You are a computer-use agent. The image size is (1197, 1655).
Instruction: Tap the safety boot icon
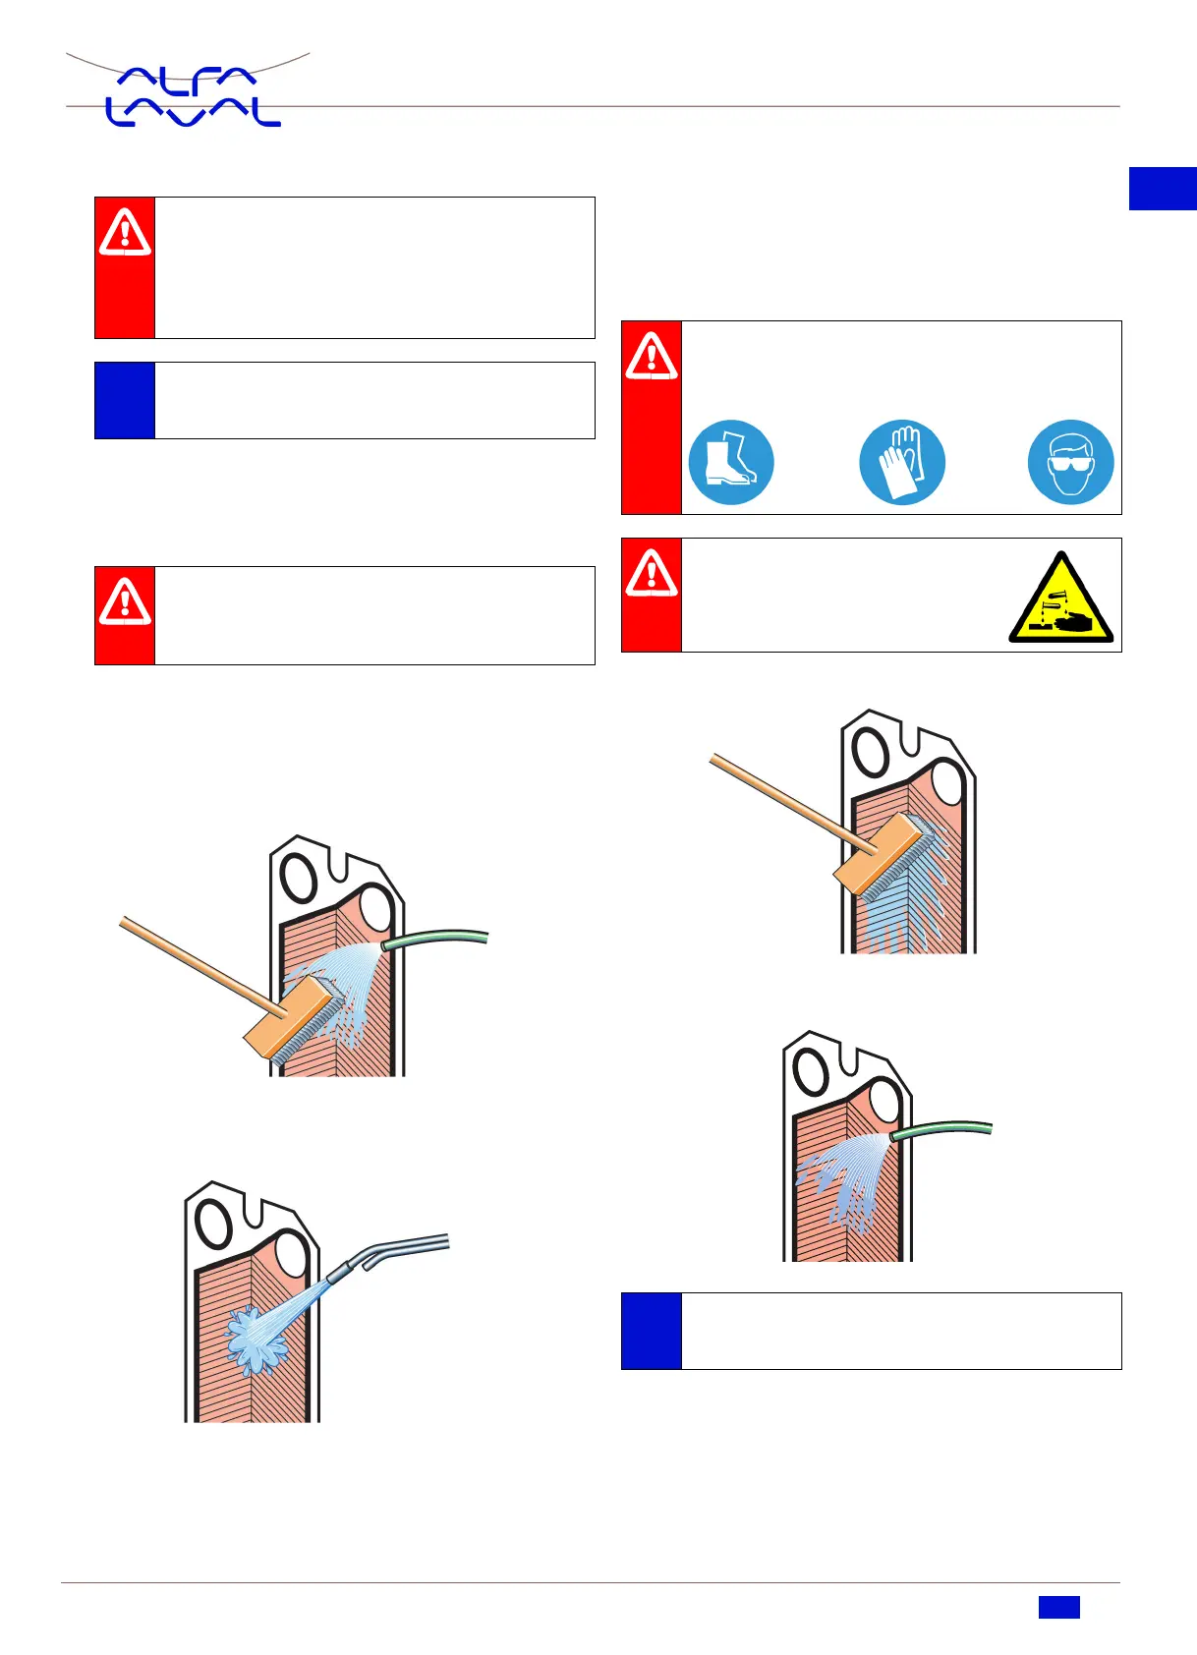[730, 462]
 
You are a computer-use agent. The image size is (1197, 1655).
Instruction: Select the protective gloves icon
[901, 462]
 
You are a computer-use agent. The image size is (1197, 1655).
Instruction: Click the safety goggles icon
[1070, 462]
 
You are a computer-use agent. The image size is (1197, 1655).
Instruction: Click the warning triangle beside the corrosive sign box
[651, 574]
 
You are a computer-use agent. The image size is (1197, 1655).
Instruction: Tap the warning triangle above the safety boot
[651, 357]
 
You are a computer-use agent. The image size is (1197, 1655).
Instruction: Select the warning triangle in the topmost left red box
[125, 234]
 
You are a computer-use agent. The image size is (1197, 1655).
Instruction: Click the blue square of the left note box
[125, 400]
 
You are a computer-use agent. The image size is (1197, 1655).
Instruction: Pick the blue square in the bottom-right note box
[651, 1331]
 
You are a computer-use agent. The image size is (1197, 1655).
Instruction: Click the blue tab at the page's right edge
[1163, 189]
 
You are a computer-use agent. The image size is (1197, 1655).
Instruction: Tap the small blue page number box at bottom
[1058, 1607]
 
